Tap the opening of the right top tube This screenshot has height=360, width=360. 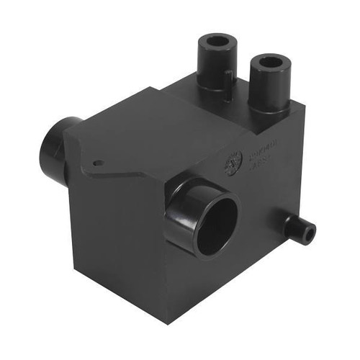click(269, 63)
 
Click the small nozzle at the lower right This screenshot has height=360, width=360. click(298, 229)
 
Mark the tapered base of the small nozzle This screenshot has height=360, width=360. click(286, 222)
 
